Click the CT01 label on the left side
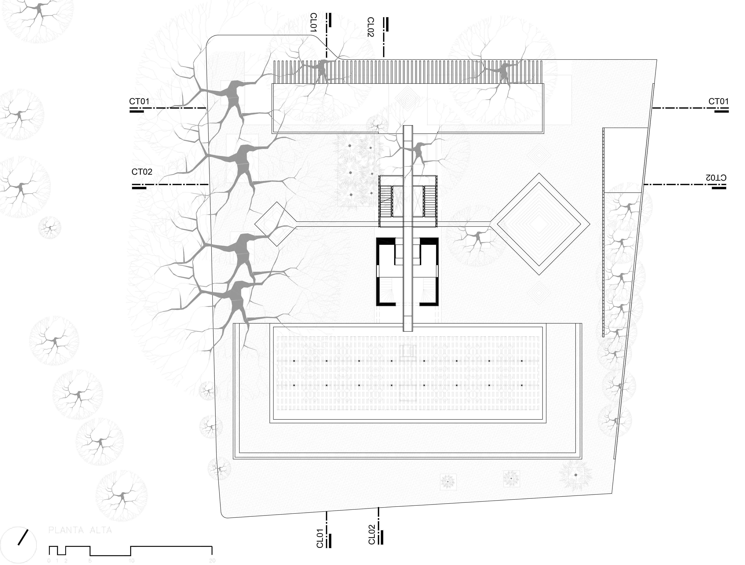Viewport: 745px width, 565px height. [x=139, y=101]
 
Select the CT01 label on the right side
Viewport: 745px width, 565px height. [x=718, y=101]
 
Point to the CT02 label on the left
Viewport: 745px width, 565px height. [x=142, y=172]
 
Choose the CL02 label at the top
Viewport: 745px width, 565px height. [x=370, y=27]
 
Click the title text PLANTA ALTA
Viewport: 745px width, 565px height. [x=80, y=530]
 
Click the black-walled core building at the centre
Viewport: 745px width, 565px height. [x=407, y=271]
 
